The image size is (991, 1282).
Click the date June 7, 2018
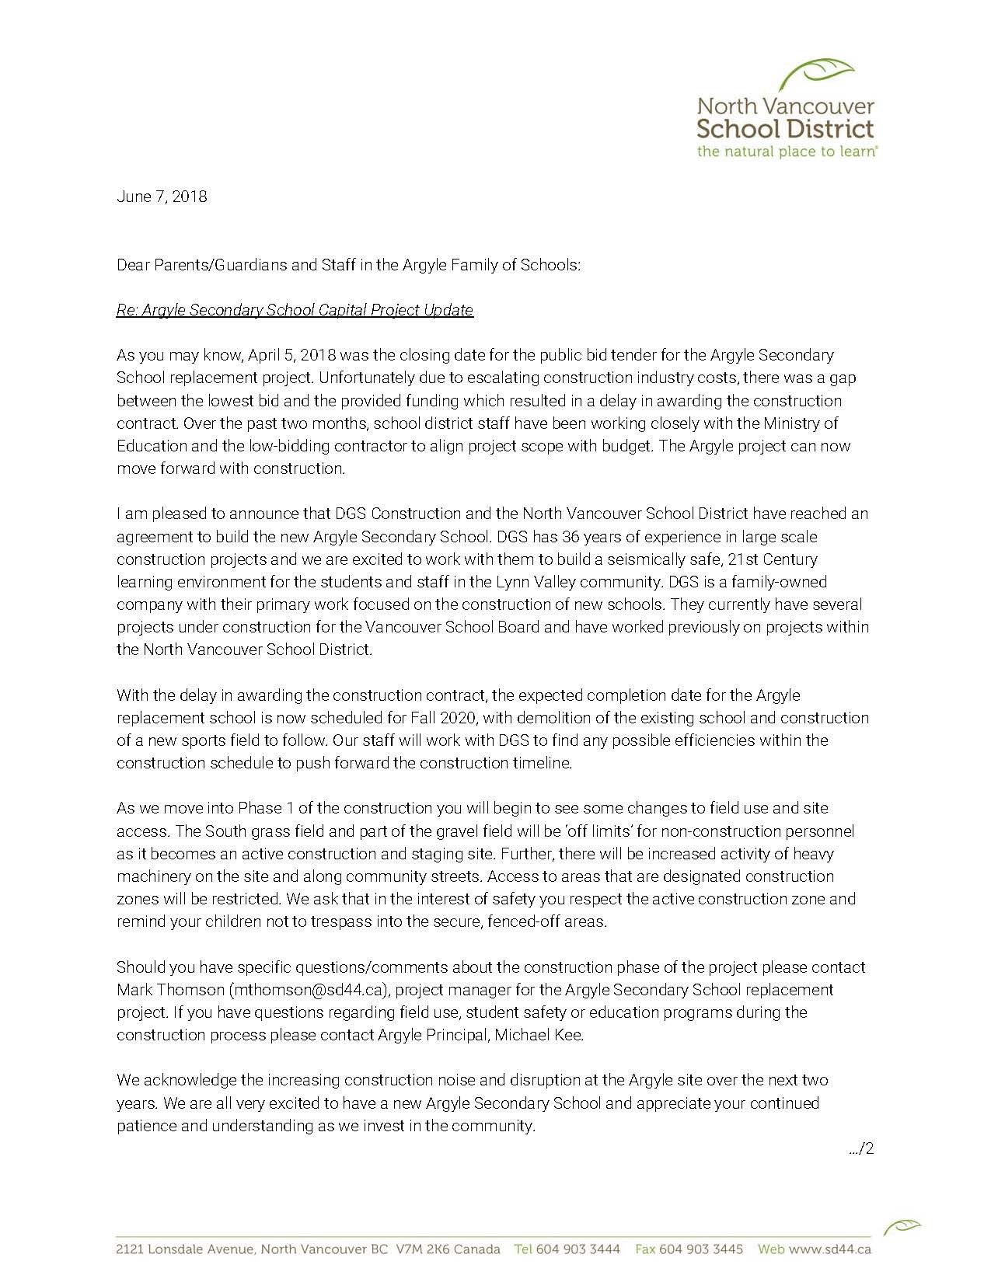(162, 197)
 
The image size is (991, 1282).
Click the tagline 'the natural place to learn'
(786, 152)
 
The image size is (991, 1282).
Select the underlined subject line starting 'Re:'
(295, 310)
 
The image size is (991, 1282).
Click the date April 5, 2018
(291, 355)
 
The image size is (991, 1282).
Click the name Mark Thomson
(170, 990)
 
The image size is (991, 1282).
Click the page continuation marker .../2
(861, 1148)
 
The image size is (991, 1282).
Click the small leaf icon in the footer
(902, 1228)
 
